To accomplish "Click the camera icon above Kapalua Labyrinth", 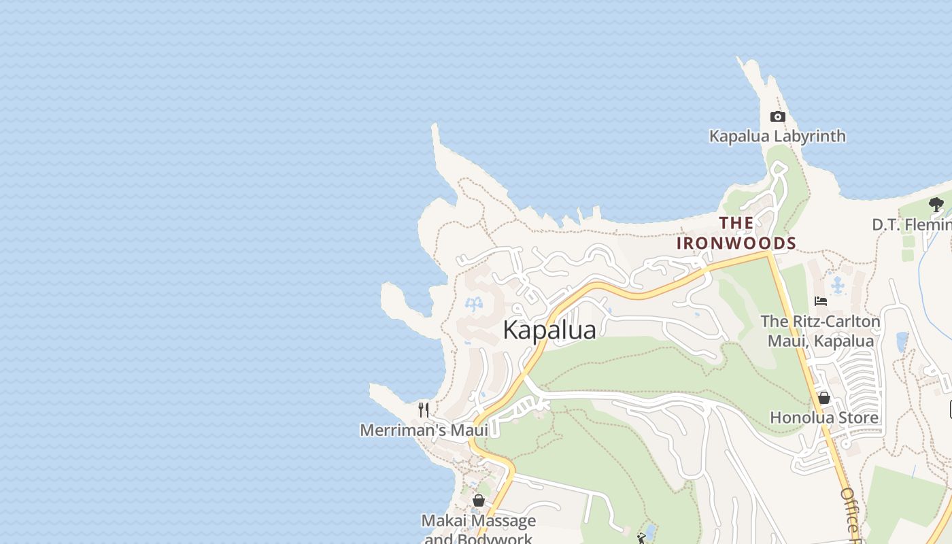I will (x=777, y=117).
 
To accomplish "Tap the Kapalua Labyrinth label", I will (x=777, y=136).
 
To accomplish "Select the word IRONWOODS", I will (x=736, y=243).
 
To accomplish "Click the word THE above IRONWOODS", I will (x=736, y=223).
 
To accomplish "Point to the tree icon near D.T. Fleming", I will (x=936, y=204).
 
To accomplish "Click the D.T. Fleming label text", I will (x=911, y=224).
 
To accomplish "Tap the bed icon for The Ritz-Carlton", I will (x=821, y=301).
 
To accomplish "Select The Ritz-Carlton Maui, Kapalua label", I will (x=820, y=330).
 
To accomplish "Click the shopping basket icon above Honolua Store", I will (x=824, y=398).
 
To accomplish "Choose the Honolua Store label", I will (x=824, y=418).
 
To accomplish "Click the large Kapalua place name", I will (x=549, y=330).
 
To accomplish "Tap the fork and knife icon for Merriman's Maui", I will (x=424, y=409).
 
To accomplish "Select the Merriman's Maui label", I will (x=424, y=430).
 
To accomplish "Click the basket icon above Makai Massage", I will (x=479, y=500).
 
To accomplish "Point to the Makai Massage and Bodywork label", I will (x=479, y=529).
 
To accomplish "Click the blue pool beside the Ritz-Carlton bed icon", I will (x=838, y=284).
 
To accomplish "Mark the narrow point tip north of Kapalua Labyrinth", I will (x=741, y=60).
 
